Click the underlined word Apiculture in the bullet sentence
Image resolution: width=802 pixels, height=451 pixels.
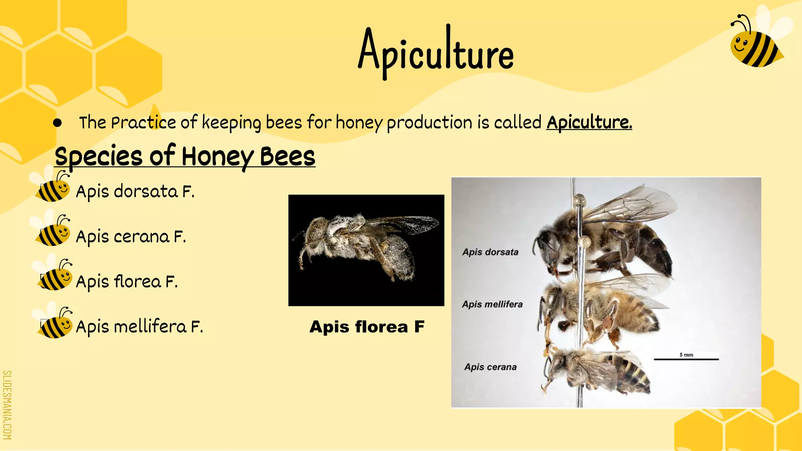[589, 122]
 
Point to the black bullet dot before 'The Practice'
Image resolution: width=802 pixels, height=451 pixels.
[58, 123]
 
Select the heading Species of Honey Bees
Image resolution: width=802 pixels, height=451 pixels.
[185, 156]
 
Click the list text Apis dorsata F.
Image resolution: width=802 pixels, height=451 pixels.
[135, 192]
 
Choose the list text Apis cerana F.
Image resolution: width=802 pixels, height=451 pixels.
[131, 237]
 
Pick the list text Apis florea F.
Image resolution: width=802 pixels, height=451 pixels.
[127, 282]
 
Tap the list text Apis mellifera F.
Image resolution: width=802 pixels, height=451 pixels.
[139, 327]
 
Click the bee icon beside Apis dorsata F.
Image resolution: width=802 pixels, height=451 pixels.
[54, 188]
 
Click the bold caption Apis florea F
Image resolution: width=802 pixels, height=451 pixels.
[367, 327]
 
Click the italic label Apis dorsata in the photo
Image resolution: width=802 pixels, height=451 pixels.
[490, 252]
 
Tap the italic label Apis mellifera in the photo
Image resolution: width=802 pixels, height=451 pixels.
[492, 304]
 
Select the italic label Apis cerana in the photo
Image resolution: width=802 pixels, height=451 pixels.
[490, 367]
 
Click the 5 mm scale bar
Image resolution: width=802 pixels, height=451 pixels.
[686, 358]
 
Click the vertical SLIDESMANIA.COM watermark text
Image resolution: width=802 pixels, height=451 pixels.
[7, 405]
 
